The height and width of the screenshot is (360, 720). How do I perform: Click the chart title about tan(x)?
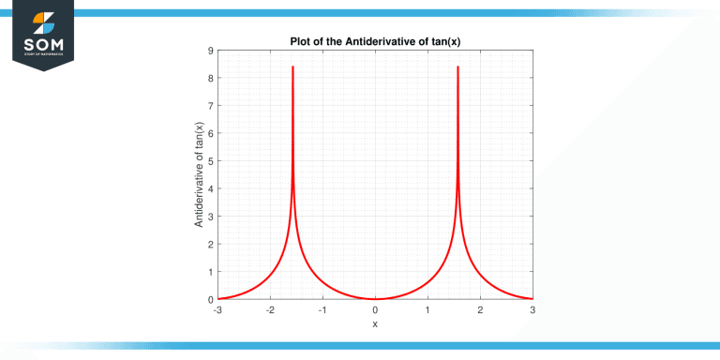click(374, 39)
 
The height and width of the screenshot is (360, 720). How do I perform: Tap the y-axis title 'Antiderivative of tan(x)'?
click(198, 174)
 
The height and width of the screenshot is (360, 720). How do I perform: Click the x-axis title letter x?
click(375, 324)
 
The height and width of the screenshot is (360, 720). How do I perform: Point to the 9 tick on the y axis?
click(211, 51)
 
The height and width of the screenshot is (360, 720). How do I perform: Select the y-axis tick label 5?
click(211, 161)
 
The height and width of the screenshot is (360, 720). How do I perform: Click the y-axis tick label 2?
click(211, 244)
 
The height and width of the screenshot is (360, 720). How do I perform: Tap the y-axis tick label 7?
click(211, 106)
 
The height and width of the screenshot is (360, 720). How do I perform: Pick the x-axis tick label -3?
click(217, 310)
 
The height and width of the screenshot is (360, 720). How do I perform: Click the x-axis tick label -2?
click(270, 310)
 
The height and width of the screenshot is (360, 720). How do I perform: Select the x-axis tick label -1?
click(322, 310)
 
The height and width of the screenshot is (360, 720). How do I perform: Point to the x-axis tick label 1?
click(427, 310)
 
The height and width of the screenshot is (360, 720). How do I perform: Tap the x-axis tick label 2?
click(480, 310)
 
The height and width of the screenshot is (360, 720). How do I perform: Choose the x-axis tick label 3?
click(532, 310)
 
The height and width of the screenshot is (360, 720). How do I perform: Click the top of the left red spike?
click(292, 67)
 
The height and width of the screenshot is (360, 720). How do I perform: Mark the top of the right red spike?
click(457, 67)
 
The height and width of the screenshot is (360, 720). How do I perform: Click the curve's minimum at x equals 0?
click(375, 299)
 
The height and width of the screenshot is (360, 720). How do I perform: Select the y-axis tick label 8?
click(211, 78)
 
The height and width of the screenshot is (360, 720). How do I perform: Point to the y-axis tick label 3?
click(211, 217)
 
